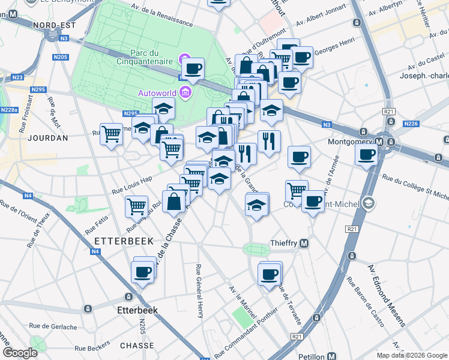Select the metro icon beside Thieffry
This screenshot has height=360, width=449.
304,243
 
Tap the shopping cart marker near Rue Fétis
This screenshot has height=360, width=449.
137,206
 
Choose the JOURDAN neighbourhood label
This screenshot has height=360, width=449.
47,138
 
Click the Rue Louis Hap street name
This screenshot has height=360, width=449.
131,185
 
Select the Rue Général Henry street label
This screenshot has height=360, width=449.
200,291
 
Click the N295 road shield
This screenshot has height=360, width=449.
38,89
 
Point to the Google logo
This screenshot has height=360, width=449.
19,353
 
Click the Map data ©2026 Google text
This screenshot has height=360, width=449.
411,355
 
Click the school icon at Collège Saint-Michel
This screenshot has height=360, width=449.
368,204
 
